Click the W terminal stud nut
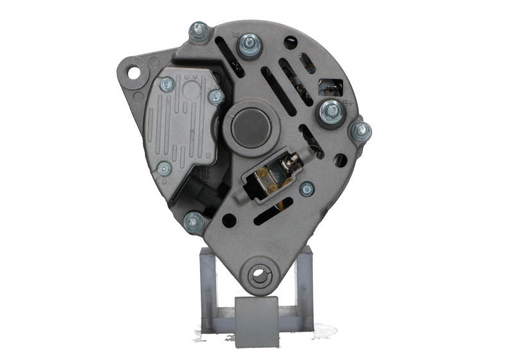coord(246,44)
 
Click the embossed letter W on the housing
coord(235,31)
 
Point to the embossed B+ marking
coord(349,101)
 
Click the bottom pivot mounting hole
coord(259,274)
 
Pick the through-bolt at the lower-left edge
coord(190,222)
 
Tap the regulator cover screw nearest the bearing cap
coord(216,97)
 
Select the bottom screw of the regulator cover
coord(165,168)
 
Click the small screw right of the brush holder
coord(307,188)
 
